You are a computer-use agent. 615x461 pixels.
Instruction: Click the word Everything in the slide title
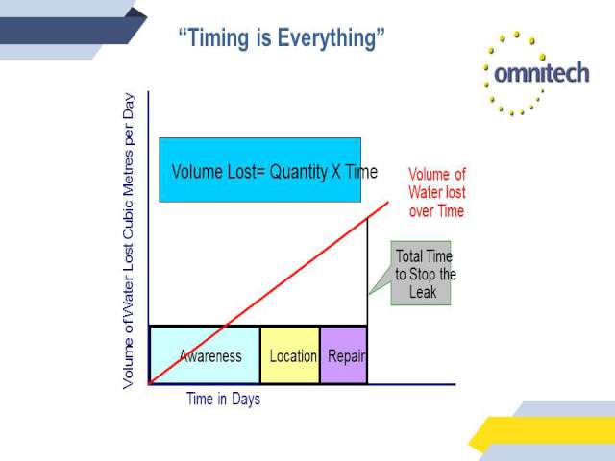327,38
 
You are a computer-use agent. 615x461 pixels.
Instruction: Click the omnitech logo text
542,73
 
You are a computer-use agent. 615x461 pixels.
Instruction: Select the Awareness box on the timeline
205,355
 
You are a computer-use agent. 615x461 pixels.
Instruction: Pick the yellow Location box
290,355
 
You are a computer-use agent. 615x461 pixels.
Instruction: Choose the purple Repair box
344,355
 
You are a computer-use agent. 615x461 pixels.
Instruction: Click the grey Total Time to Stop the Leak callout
421,273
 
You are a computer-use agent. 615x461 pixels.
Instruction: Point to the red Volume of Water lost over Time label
437,192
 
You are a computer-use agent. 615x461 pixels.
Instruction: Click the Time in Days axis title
223,400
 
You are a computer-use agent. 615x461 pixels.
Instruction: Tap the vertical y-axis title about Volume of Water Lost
129,241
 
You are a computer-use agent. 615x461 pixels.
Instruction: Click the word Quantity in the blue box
299,172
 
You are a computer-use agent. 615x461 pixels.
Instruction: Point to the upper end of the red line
388,203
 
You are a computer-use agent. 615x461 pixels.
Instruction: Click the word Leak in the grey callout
423,292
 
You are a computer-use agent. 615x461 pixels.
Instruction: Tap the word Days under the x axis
246,400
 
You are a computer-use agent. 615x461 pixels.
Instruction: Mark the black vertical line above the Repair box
367,272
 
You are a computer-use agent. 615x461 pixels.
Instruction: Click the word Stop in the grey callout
423,274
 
